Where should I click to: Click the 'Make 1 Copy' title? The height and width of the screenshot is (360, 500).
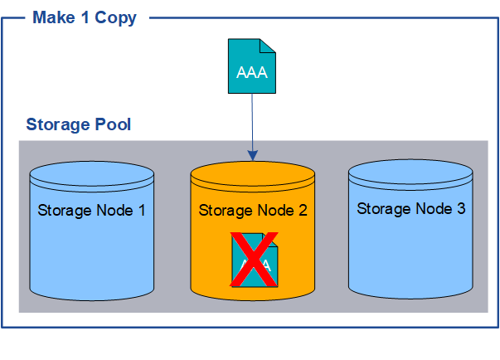click(84, 17)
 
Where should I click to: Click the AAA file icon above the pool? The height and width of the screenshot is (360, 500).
click(251, 66)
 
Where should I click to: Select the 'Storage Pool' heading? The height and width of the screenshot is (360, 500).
click(78, 125)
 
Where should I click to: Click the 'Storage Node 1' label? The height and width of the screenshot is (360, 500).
click(91, 210)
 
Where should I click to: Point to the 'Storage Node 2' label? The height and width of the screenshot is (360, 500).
click(253, 210)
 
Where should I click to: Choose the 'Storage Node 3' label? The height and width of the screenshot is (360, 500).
click(410, 208)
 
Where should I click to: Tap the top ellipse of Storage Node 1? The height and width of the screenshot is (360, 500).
click(91, 177)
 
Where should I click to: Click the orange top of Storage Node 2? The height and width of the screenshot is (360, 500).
click(252, 177)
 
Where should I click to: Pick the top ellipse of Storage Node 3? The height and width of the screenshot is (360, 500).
click(410, 174)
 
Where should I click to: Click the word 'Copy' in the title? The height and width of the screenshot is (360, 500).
click(115, 17)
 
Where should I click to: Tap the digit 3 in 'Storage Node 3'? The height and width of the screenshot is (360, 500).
click(460, 208)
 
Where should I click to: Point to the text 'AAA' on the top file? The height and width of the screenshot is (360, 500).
click(251, 72)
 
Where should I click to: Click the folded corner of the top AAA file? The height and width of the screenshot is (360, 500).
click(267, 46)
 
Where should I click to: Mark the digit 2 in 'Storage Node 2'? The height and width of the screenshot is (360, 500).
click(303, 210)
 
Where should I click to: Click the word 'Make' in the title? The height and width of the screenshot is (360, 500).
click(51, 17)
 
